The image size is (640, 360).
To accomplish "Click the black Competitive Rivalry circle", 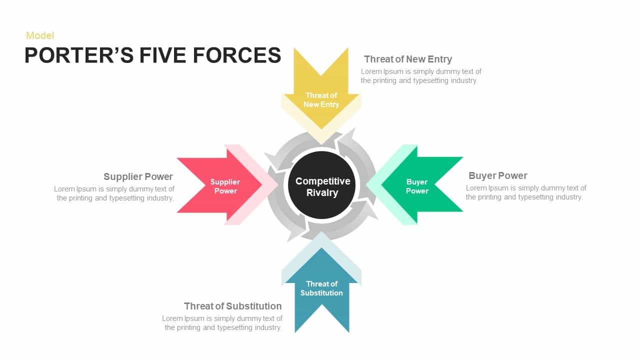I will pos(322,185).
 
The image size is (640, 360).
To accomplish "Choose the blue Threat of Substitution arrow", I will pos(321,295).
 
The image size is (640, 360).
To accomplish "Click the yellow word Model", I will pos(40,35).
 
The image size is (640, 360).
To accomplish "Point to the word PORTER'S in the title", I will pos(79,55).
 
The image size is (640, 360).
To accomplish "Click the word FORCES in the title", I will pos(237,55).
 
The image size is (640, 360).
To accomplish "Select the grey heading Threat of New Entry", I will pos(408,59).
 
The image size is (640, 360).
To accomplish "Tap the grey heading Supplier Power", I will pos(138,176).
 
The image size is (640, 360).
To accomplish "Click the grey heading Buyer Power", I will pos(497,175).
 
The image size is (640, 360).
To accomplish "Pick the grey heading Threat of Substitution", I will pos(232,306).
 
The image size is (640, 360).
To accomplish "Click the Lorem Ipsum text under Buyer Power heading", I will pos(525,192).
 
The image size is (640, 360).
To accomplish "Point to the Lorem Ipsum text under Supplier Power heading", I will pos(114,193).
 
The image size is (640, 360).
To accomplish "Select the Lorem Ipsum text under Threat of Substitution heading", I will pos(222,323).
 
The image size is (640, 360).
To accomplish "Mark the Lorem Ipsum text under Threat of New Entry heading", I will pos(421,76).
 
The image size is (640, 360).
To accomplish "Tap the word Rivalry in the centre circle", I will pos(322,193).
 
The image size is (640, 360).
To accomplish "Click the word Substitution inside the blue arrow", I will pos(321,293).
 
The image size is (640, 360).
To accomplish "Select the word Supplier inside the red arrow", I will pos(225,182).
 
